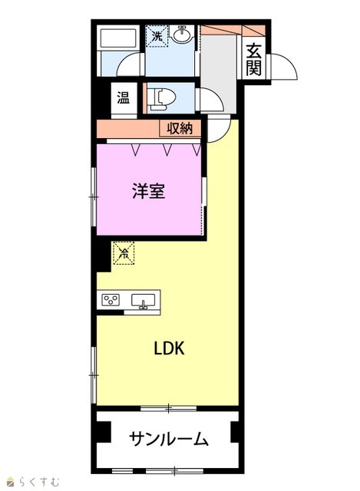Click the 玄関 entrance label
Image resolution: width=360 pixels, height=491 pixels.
[x=253, y=60]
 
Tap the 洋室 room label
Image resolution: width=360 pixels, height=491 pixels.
[x=148, y=191]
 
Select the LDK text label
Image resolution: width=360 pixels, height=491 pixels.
[x=169, y=348]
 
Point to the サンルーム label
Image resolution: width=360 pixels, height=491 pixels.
[x=169, y=439]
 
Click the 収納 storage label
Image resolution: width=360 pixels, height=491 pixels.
[x=180, y=128]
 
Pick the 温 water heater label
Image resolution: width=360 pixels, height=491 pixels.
[x=124, y=97]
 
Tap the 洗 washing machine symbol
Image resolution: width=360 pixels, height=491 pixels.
[x=157, y=36]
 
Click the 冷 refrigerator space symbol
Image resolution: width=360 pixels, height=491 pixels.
[x=124, y=252]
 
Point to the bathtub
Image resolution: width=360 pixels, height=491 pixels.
[x=117, y=38]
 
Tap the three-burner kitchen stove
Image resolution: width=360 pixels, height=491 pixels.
[x=111, y=300]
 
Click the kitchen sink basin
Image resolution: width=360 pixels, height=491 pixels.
[x=144, y=301]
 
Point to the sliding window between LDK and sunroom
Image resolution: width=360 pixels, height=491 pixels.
[x=169, y=408]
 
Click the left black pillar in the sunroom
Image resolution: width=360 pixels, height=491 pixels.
[x=104, y=432]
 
